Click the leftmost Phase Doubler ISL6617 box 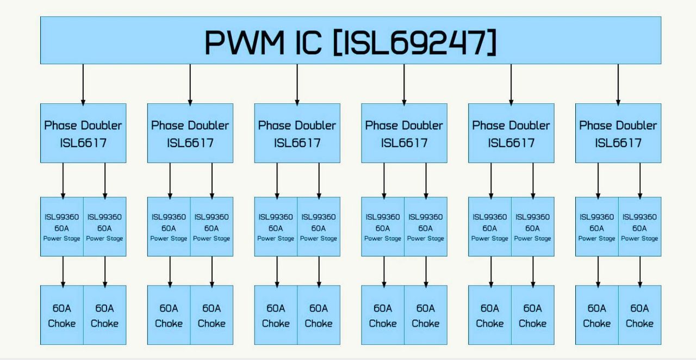pyautogui.click(x=83, y=133)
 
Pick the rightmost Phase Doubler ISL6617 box pyautogui.click(x=618, y=133)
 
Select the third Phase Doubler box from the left pyautogui.click(x=297, y=133)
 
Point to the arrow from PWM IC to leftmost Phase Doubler pyautogui.click(x=83, y=84)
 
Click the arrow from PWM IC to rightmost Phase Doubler pyautogui.click(x=618, y=84)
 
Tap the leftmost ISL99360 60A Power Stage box pyautogui.click(x=62, y=227)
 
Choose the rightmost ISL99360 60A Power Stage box pyautogui.click(x=640, y=227)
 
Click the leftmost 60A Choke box pyautogui.click(x=62, y=315)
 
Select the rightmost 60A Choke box pyautogui.click(x=640, y=315)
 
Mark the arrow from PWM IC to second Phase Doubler pyautogui.click(x=190, y=84)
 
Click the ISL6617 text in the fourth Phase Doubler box pyautogui.click(x=404, y=143)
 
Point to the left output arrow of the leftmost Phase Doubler pyautogui.click(x=63, y=181)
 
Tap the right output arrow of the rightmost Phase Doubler pyautogui.click(x=640, y=181)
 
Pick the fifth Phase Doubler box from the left pyautogui.click(x=511, y=133)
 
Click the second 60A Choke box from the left pyautogui.click(x=105, y=315)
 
